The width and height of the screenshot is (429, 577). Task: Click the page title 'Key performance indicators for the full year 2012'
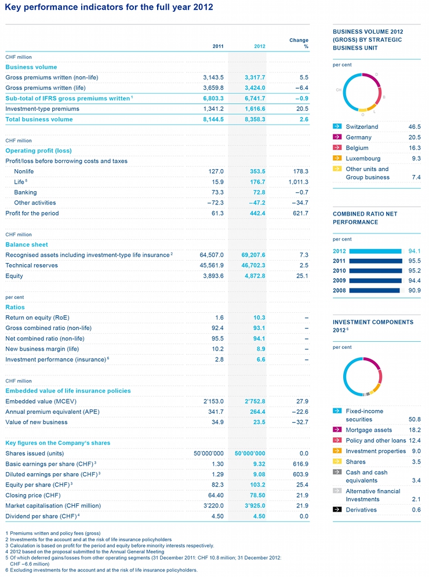pyautogui.click(x=109, y=8)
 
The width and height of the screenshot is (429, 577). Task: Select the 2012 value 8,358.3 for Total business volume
pyautogui.click(x=250, y=119)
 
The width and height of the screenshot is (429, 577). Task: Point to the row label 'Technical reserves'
pyautogui.click(x=31, y=265)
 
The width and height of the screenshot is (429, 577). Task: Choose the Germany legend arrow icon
pyautogui.click(x=336, y=137)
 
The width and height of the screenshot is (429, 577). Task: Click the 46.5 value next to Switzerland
pyautogui.click(x=414, y=126)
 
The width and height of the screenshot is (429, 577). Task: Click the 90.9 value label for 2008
pyautogui.click(x=414, y=290)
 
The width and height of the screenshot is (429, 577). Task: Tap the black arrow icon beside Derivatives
pyautogui.click(x=336, y=510)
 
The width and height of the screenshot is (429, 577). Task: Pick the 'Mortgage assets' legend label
pyautogui.click(x=369, y=430)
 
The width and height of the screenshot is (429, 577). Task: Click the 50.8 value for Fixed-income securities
pyautogui.click(x=414, y=419)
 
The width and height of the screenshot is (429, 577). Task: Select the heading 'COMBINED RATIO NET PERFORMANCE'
pyautogui.click(x=365, y=218)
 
